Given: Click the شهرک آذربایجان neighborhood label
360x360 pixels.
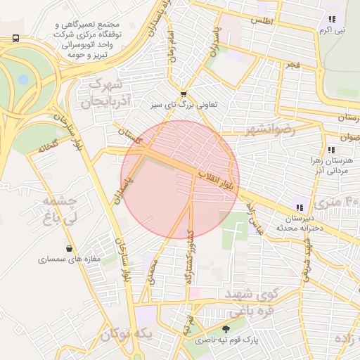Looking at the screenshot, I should pyautogui.click(x=108, y=94).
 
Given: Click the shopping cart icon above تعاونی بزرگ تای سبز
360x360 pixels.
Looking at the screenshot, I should pyautogui.click(x=184, y=94).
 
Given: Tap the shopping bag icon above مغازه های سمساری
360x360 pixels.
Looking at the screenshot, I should pyautogui.click(x=69, y=248).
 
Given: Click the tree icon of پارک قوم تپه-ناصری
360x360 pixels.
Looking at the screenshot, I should pyautogui.click(x=226, y=329).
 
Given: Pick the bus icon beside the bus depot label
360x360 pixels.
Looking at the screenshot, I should pyautogui.click(x=15, y=38).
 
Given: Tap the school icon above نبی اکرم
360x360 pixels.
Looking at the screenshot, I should pyautogui.click(x=331, y=20).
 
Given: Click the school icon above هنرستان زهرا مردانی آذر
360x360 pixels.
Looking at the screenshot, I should pyautogui.click(x=330, y=150).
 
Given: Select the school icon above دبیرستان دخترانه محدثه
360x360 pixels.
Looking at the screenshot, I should pyautogui.click(x=300, y=207).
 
